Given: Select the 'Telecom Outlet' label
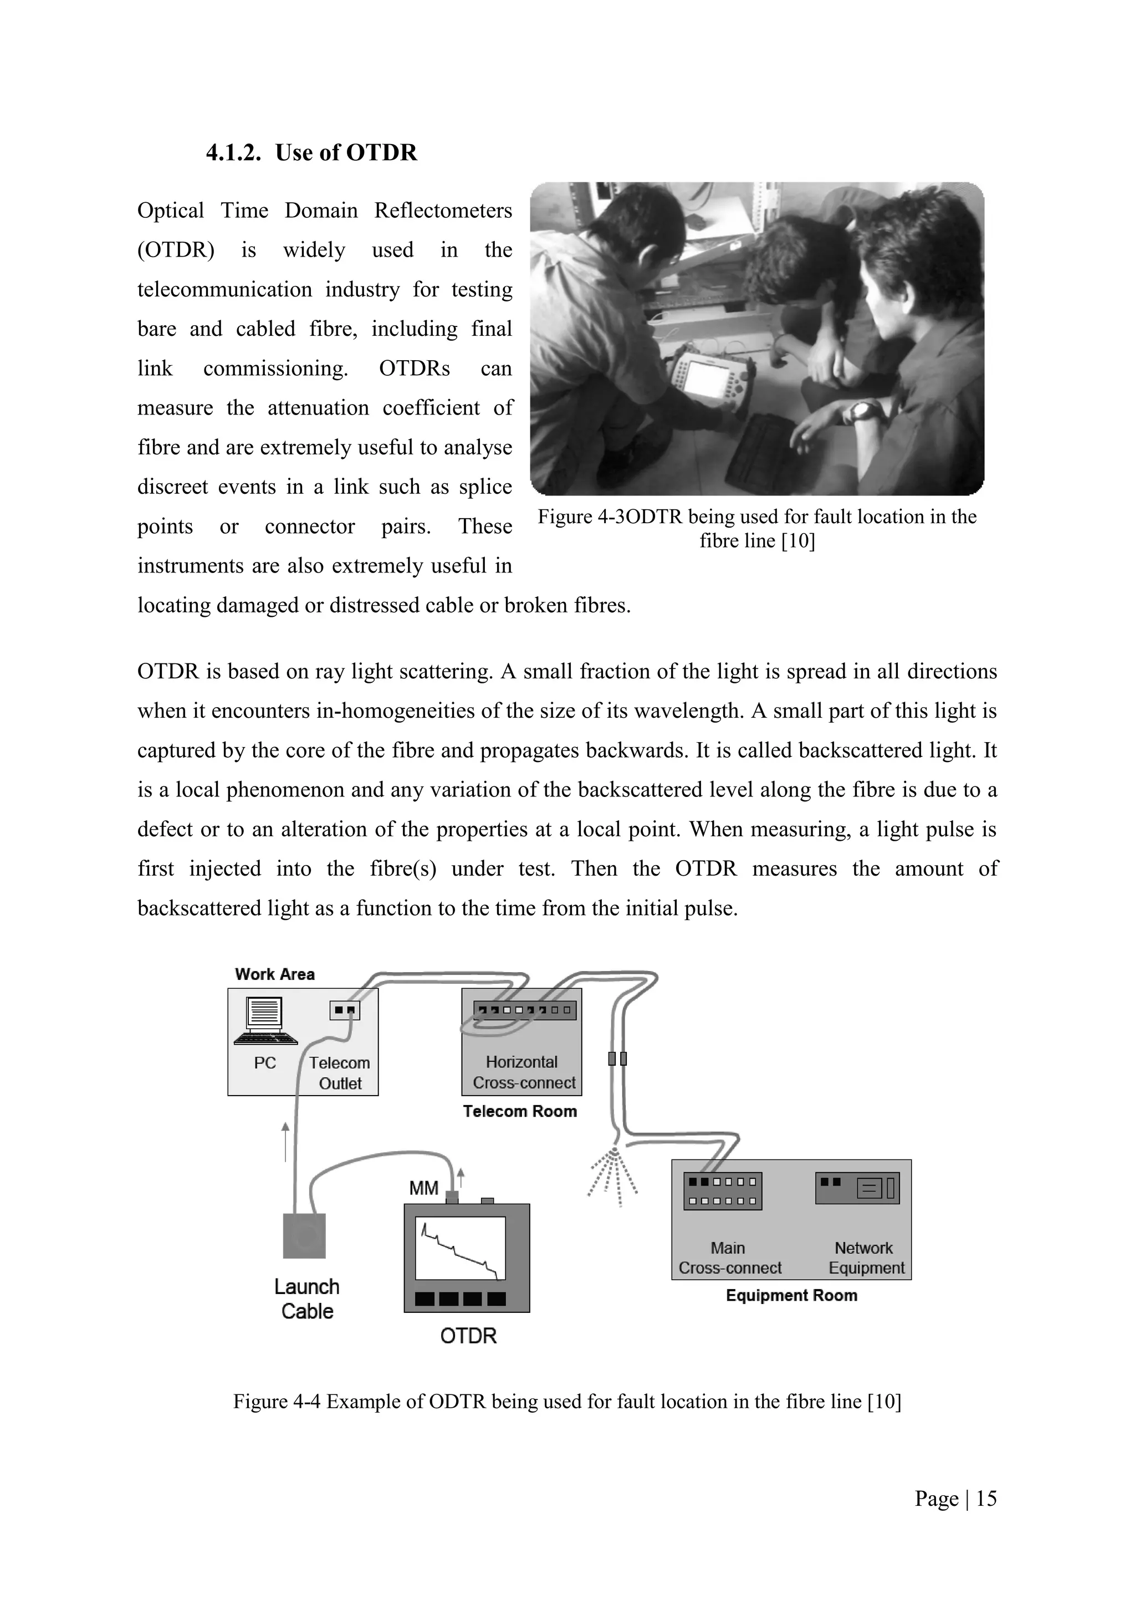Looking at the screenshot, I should pyautogui.click(x=340, y=1073).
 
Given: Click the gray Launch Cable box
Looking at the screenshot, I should pyautogui.click(x=304, y=1236).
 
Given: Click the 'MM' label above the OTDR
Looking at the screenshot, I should pyautogui.click(x=423, y=1188).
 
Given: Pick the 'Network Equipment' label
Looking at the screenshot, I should pyautogui.click(x=865, y=1258).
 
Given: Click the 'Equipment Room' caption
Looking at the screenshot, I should pyautogui.click(x=791, y=1295).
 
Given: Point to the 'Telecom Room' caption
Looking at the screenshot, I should pyautogui.click(x=520, y=1112).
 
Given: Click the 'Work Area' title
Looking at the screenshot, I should pyautogui.click(x=275, y=974).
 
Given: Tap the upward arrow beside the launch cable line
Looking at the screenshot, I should pyautogui.click(x=285, y=1142).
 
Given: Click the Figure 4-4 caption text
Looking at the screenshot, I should pyautogui.click(x=567, y=1402).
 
